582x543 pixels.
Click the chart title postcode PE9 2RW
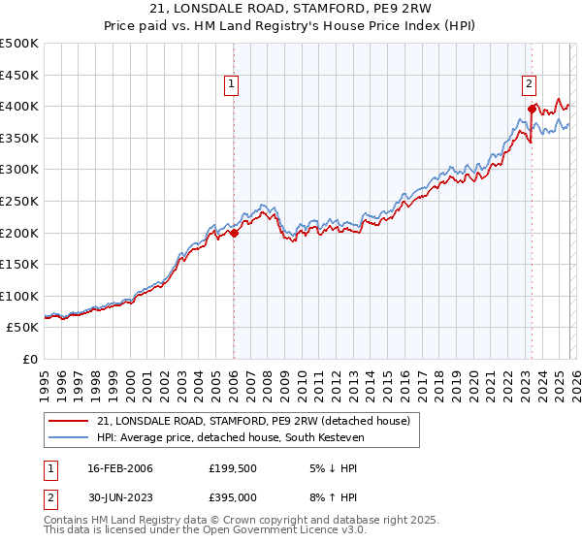pos(405,9)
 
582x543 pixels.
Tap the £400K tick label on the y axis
pos(19,106)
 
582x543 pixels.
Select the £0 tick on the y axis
pos(31,360)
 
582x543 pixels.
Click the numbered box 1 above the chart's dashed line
pos(233,85)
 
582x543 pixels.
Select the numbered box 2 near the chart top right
pos(530,85)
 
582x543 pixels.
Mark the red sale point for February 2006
pos(234,233)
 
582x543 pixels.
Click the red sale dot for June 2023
pos(532,109)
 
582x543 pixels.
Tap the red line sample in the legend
pos(68,421)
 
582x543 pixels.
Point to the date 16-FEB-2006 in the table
pos(120,468)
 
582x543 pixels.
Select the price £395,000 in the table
pos(232,496)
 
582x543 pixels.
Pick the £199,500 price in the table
pos(232,468)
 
